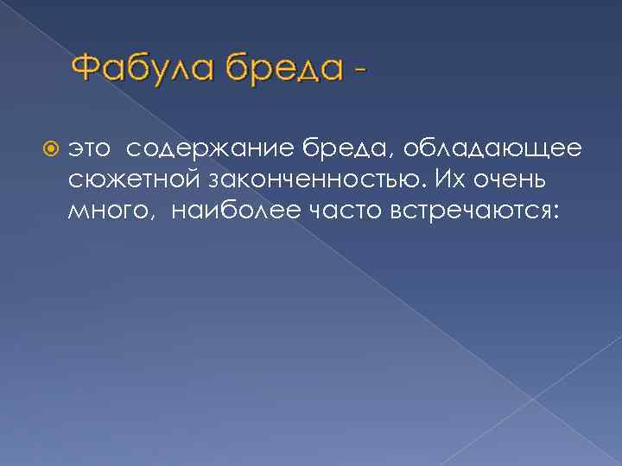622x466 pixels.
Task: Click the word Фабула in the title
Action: [x=143, y=68]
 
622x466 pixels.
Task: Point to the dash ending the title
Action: [x=357, y=71]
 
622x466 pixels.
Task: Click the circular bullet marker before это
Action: [x=50, y=150]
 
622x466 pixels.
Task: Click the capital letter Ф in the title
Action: [x=86, y=67]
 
